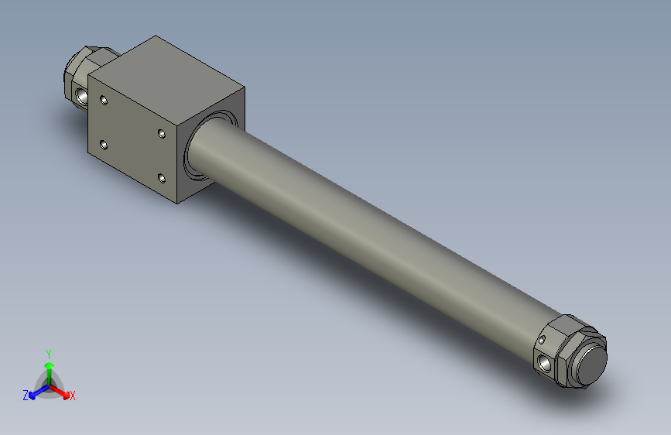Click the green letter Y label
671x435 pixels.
48,352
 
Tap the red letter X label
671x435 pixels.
73,396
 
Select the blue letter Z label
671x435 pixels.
26,396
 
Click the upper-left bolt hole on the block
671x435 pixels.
104,99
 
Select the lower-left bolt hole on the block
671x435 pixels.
104,144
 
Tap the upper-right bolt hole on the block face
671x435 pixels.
161,134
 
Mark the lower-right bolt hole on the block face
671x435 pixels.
161,179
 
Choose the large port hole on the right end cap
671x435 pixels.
546,361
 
